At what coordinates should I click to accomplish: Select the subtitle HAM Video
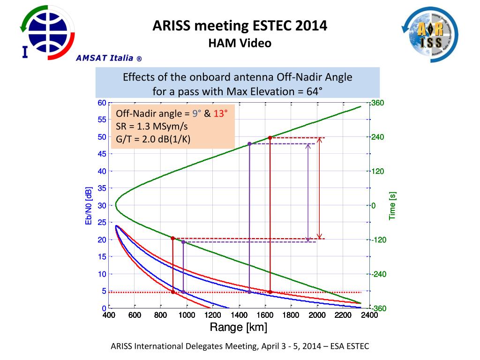point(240,44)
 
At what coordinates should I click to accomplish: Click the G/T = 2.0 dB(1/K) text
point(153,139)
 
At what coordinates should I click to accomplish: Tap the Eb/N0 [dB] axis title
point(88,205)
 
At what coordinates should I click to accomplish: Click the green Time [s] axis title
point(393,205)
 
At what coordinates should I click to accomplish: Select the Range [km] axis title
point(238,327)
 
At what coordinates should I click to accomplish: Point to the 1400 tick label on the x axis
point(239,315)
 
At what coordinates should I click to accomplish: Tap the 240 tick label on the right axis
point(378,137)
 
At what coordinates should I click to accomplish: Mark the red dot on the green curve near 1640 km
point(270,138)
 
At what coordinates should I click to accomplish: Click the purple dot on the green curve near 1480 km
point(249,144)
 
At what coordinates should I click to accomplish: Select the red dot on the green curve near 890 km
point(173,239)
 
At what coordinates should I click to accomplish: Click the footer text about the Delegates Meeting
point(240,346)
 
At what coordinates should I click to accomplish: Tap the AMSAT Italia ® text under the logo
point(109,59)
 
